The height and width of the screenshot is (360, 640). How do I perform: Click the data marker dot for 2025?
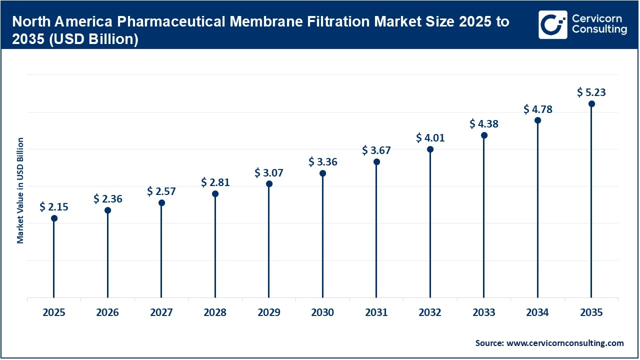(x=54, y=218)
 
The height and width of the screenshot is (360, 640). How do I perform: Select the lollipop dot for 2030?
(x=322, y=173)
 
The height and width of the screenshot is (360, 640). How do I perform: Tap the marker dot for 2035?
(x=591, y=104)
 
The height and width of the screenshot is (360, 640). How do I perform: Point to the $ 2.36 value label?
(x=107, y=199)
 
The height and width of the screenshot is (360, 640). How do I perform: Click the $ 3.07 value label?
(x=269, y=173)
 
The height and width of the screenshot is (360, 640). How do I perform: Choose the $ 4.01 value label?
(x=430, y=138)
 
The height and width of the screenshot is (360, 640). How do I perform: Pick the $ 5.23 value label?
(x=591, y=92)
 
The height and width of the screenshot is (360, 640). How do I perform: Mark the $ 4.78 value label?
(x=537, y=109)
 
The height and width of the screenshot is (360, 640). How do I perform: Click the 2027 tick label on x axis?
(x=161, y=313)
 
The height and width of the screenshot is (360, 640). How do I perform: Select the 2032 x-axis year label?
(x=430, y=313)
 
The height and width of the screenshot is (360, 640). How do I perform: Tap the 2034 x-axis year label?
(x=537, y=313)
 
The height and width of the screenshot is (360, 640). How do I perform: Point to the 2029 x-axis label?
(x=269, y=313)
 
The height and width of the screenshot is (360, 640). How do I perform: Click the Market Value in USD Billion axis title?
(x=20, y=190)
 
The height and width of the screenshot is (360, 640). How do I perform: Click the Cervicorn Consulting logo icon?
(x=552, y=24)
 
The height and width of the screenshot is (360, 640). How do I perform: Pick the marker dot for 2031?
(x=376, y=162)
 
